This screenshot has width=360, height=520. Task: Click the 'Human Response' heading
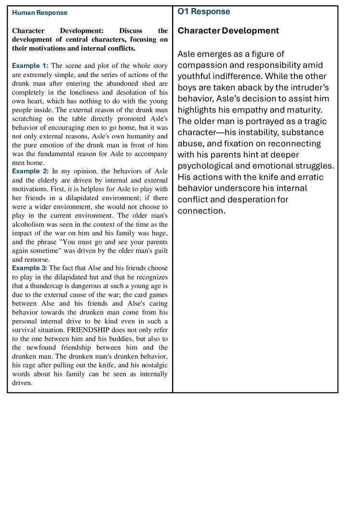pos(40,13)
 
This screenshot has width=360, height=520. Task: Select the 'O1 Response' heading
pos(204,12)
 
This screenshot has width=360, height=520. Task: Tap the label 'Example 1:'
pos(30,65)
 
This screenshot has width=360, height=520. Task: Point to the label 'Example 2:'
pos(30,171)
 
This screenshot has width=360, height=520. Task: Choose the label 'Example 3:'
pos(30,268)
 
